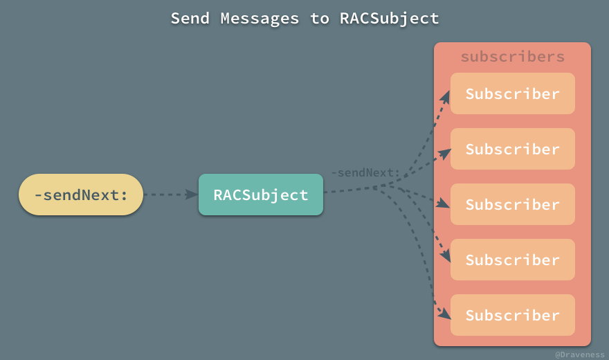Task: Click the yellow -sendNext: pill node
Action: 80,195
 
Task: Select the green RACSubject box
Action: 260,195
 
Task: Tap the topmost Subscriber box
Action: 512,93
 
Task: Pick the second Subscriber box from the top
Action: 512,149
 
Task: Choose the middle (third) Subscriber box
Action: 512,204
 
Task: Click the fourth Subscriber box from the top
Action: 512,260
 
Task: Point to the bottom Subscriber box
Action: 512,315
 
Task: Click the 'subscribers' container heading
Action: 512,57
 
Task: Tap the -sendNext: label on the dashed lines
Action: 365,172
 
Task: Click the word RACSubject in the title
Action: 389,18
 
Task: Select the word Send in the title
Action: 190,18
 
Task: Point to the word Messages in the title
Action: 260,18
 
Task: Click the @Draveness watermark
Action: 579,354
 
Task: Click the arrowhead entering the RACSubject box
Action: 192,195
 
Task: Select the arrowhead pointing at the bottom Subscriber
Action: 444,313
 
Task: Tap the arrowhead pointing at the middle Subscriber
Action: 444,204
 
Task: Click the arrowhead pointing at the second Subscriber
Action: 444,152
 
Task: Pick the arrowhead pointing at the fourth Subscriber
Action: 444,255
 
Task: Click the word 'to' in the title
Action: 319,18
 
